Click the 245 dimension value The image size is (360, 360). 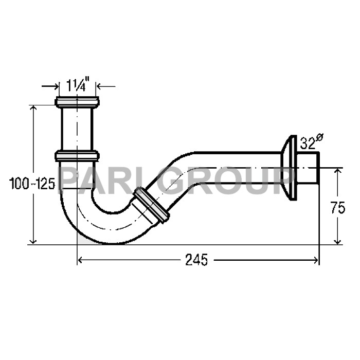(196, 261)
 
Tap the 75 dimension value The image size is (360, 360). (337, 208)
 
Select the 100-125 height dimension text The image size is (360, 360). (32, 184)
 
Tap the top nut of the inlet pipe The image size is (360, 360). (77, 101)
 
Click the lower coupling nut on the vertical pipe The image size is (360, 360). (77, 155)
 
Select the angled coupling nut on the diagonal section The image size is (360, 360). (150, 206)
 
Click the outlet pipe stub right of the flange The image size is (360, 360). (308, 168)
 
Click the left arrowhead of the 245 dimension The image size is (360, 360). (80, 261)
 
